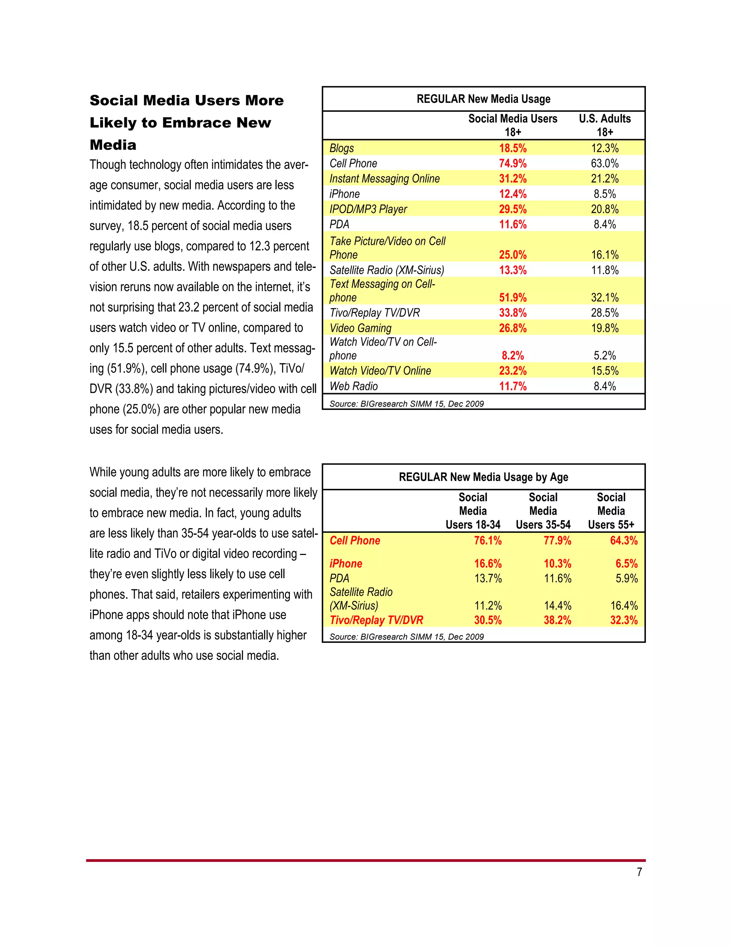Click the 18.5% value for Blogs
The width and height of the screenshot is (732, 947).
click(513, 148)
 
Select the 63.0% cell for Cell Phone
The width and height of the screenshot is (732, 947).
click(604, 163)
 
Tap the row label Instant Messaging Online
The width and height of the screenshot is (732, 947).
click(384, 179)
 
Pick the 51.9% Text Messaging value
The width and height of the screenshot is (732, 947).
click(513, 297)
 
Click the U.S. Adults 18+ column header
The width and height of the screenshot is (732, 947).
click(604, 125)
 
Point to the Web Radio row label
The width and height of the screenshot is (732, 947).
click(353, 386)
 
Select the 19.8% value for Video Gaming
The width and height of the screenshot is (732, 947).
click(604, 328)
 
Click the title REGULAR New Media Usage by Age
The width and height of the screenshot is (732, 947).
click(483, 477)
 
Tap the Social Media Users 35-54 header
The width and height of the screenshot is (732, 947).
click(543, 511)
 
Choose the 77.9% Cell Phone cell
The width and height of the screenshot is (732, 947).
click(557, 541)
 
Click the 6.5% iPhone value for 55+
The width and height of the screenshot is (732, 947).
click(626, 564)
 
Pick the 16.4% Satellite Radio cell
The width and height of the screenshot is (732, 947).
click(624, 605)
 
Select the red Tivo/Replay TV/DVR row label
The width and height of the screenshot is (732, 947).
click(376, 620)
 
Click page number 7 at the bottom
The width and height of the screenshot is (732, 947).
click(639, 872)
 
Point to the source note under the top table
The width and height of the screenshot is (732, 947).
click(406, 404)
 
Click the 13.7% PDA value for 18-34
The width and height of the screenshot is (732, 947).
click(488, 579)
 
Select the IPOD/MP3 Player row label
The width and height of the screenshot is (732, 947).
click(368, 209)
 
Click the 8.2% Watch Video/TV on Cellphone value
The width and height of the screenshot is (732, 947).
click(513, 356)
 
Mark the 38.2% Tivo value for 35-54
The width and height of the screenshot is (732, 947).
click(557, 620)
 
